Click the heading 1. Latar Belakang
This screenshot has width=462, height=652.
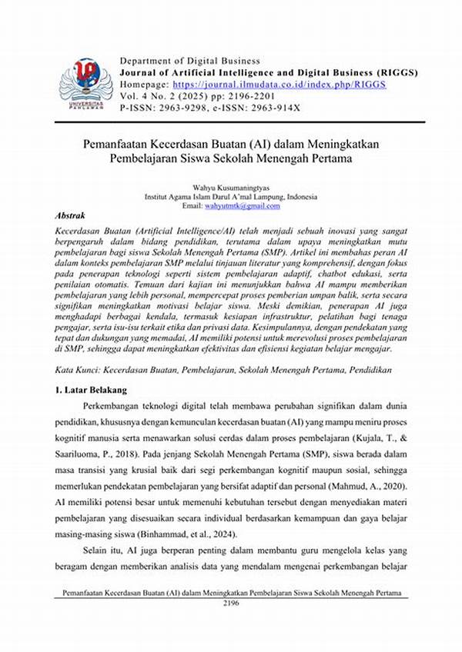(97, 390)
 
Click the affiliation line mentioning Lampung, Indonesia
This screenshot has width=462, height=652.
(230, 197)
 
